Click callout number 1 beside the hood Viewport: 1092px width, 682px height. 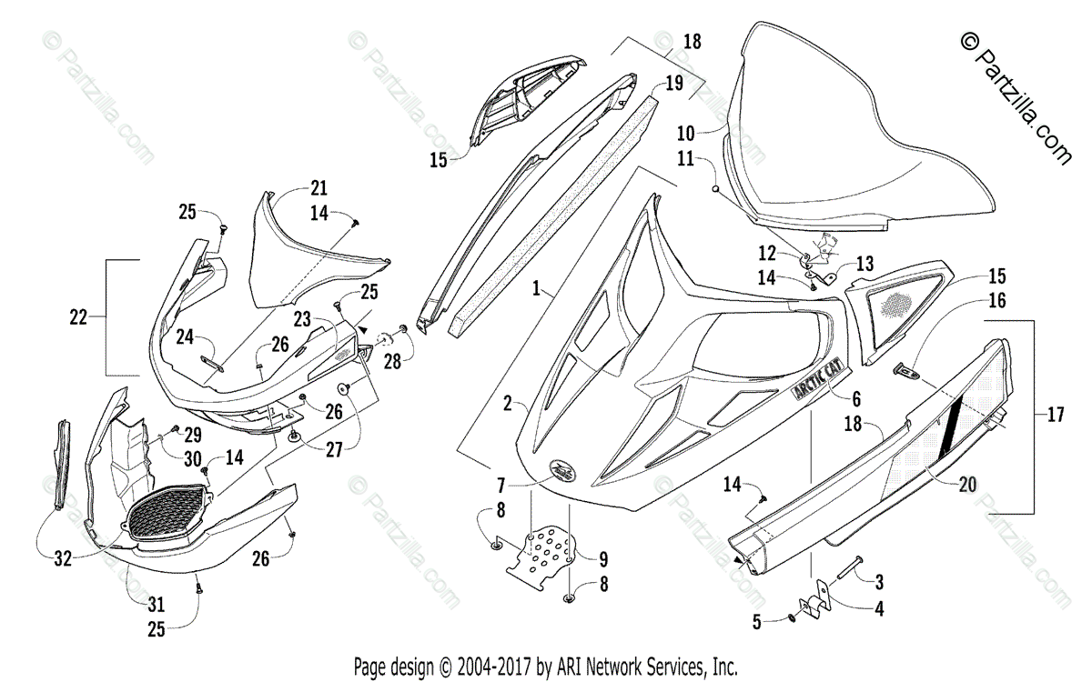point(538,289)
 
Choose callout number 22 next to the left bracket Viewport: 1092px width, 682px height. point(79,317)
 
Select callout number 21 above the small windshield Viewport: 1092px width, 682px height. point(318,188)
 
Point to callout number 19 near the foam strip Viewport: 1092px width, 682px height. point(672,84)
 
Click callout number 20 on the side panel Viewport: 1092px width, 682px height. point(966,485)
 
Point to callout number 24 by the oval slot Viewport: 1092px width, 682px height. point(186,336)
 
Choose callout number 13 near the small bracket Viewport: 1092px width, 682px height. point(864,264)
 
